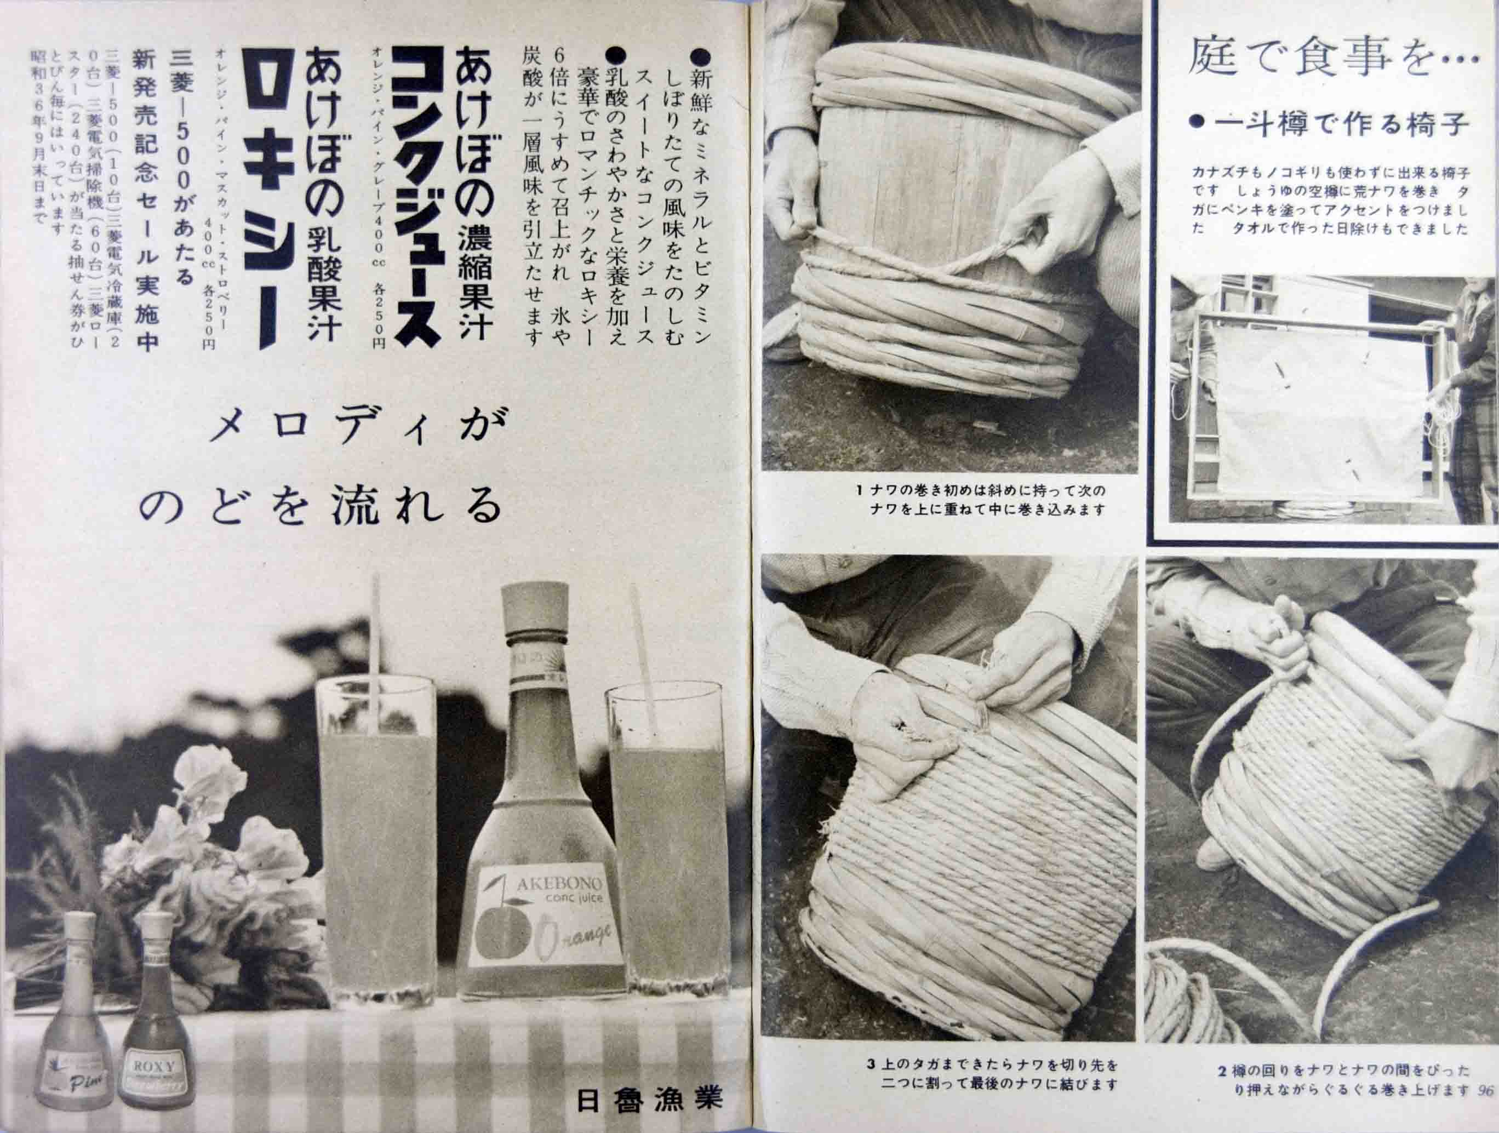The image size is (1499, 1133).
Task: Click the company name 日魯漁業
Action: tap(646, 1098)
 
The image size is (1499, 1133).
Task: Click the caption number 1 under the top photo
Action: tap(859, 489)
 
